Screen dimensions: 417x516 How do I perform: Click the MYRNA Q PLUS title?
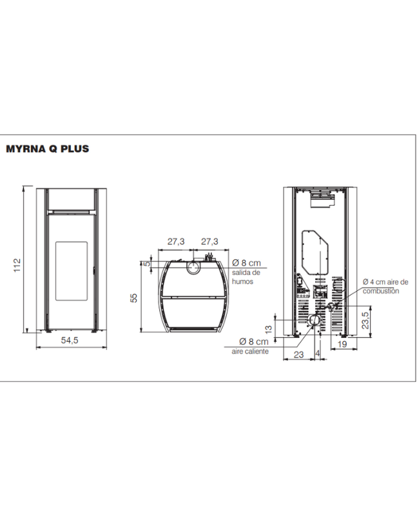[47, 149]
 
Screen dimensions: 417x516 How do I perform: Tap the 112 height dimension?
[17, 265]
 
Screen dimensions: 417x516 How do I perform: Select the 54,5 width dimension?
[70, 341]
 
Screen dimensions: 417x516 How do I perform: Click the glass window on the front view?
[72, 271]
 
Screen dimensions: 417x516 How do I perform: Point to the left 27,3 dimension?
[176, 241]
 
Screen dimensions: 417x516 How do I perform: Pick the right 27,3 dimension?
[209, 241]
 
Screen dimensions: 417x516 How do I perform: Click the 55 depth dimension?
[133, 298]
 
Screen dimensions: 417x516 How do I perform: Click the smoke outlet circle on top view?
[194, 267]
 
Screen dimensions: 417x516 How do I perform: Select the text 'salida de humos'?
[246, 277]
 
